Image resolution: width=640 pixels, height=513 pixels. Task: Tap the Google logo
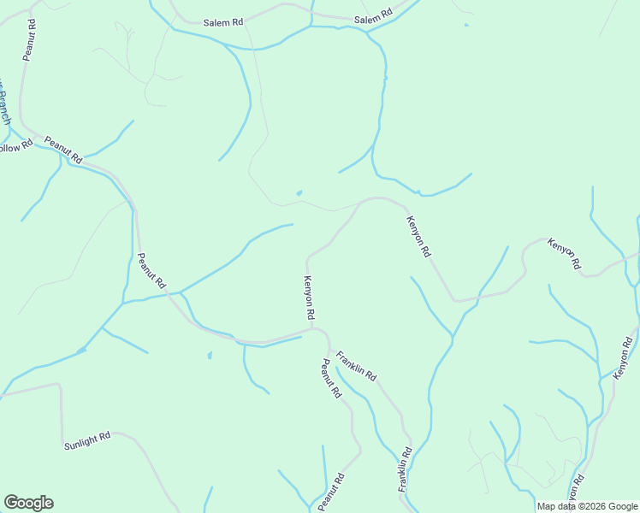point(28,503)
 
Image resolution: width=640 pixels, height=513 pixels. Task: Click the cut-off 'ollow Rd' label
point(15,147)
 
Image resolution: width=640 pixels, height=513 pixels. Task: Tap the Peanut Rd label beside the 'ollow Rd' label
point(63,150)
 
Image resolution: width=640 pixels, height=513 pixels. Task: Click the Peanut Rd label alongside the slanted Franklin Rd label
point(331,380)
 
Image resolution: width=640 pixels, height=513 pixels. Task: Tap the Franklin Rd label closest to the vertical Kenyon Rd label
point(356,365)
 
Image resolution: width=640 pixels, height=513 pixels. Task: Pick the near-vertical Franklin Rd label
point(405,469)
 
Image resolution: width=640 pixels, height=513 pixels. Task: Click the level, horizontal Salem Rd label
point(223,22)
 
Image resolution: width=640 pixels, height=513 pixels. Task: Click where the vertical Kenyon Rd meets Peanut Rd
point(312,327)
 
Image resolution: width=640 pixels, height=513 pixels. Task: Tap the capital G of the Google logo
point(11,503)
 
